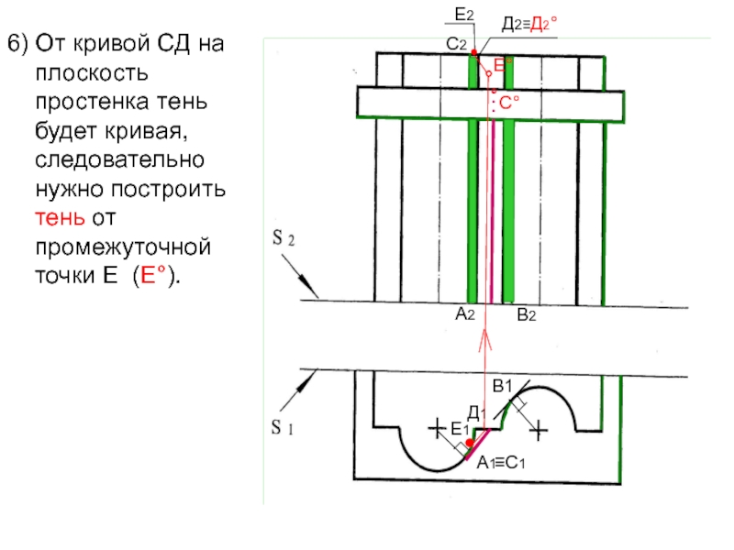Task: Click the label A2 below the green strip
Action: click(x=464, y=314)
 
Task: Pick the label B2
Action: click(x=526, y=314)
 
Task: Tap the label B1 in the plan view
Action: click(x=502, y=388)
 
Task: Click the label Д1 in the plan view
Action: click(x=475, y=415)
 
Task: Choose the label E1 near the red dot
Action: click(x=460, y=429)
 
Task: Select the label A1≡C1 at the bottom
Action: click(x=501, y=464)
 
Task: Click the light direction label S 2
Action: click(x=283, y=240)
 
